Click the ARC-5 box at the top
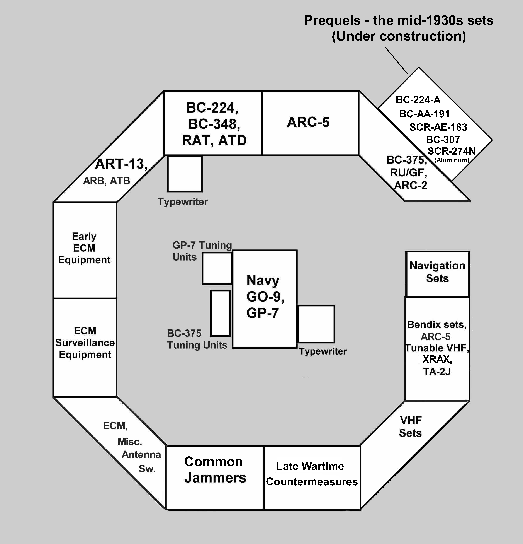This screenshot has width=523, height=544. pyautogui.click(x=310, y=123)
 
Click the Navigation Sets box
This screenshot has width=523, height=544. pyautogui.click(x=437, y=274)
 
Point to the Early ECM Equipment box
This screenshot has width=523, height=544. pyautogui.click(x=85, y=250)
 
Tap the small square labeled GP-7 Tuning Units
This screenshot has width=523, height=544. pyautogui.click(x=216, y=268)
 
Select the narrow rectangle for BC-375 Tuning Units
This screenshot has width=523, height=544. pyautogui.click(x=220, y=313)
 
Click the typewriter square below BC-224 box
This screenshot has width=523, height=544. pyautogui.click(x=185, y=174)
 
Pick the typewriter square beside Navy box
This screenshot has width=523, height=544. pyautogui.click(x=316, y=324)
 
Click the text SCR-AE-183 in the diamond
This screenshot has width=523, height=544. pyautogui.click(x=438, y=127)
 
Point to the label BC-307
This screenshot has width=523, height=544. pyautogui.click(x=443, y=139)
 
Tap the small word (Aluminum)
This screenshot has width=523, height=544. pyautogui.click(x=452, y=160)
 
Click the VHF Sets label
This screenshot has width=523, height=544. pyautogui.click(x=410, y=427)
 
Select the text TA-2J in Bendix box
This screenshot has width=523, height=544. pyautogui.click(x=437, y=371)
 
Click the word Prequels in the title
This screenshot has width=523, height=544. pyautogui.click(x=332, y=20)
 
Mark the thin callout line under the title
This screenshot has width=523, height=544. pyautogui.click(x=396, y=60)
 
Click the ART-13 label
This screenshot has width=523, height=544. pyautogui.click(x=121, y=164)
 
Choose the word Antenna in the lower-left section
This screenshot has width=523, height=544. pyautogui.click(x=141, y=455)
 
